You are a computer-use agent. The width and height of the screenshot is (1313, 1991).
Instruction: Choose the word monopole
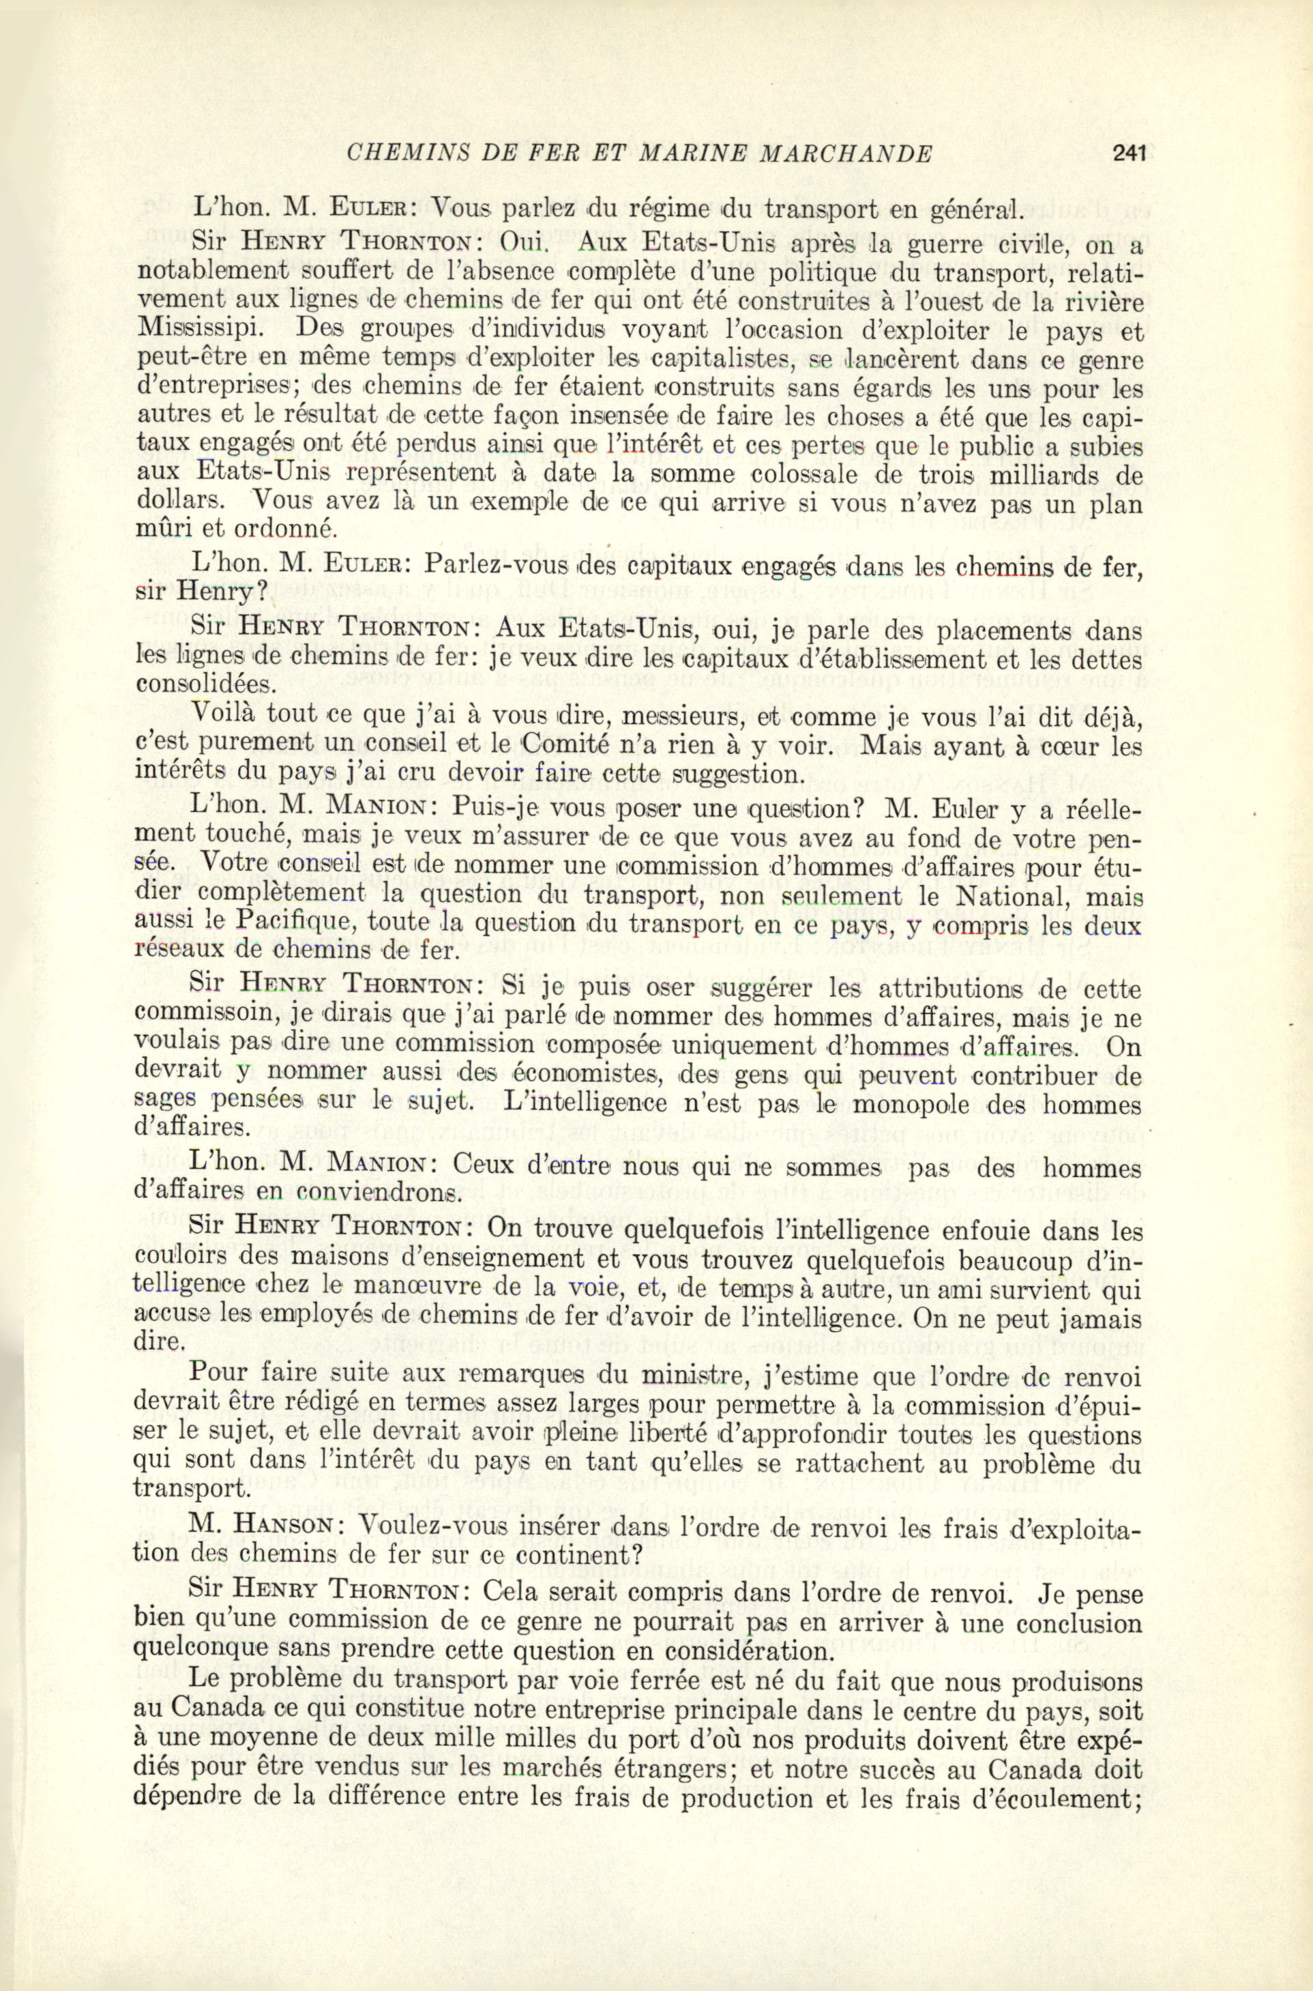point(906,1105)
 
